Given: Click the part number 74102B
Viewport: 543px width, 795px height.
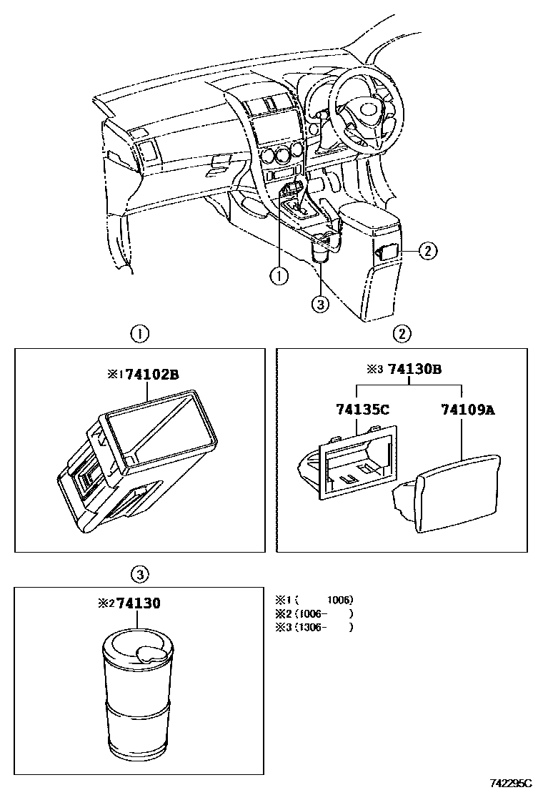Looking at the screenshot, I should [x=151, y=374].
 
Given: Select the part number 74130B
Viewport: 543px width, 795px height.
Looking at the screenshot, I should [x=414, y=370].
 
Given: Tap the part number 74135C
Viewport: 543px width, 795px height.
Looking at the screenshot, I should [x=362, y=410].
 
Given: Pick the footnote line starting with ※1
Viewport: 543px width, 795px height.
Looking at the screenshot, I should [x=314, y=600].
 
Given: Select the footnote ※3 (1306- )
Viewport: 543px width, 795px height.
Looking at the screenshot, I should [x=314, y=627].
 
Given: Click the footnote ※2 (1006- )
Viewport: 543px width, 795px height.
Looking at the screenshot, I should [x=314, y=613].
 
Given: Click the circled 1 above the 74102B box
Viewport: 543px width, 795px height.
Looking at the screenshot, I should [x=140, y=333].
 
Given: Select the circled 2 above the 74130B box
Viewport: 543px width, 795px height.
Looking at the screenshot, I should [x=402, y=333].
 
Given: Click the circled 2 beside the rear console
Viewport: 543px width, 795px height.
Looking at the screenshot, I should [x=427, y=250].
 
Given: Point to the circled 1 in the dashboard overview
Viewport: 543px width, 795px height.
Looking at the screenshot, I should [x=278, y=274].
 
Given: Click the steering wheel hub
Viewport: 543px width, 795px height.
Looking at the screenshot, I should [x=369, y=110].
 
